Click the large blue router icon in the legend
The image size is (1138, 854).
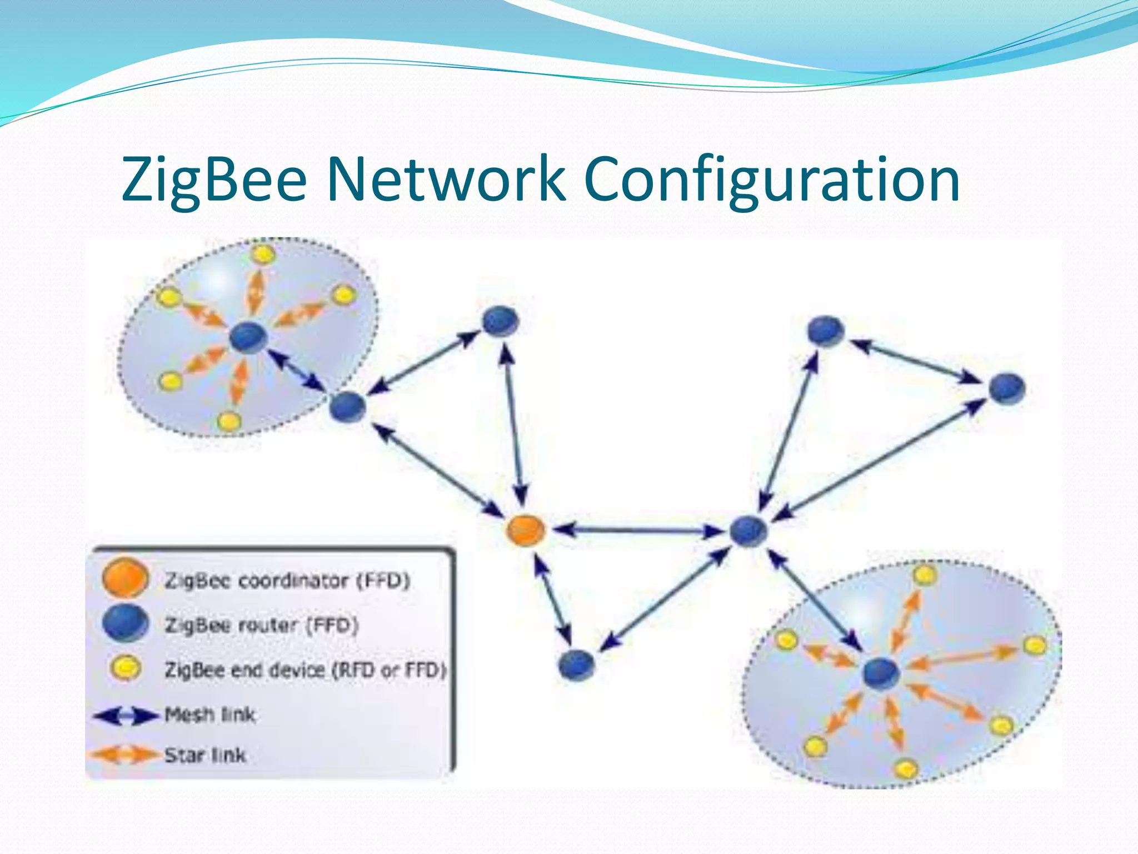[126, 623]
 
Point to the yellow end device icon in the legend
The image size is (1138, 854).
[126, 667]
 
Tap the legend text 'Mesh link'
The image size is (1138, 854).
[210, 714]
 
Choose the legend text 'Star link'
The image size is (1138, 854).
[205, 755]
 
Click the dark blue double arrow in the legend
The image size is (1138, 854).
[126, 716]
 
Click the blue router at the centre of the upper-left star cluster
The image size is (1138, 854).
[248, 337]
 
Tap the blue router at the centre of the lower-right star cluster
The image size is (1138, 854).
[881, 673]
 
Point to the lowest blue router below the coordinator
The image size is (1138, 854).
[576, 665]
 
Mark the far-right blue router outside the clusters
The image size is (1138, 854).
[1007, 388]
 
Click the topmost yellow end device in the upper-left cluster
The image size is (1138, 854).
[262, 255]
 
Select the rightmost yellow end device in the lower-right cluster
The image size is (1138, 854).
[1035, 646]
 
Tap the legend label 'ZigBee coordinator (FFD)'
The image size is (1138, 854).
[287, 580]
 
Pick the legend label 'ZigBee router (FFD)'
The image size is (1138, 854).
[261, 625]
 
